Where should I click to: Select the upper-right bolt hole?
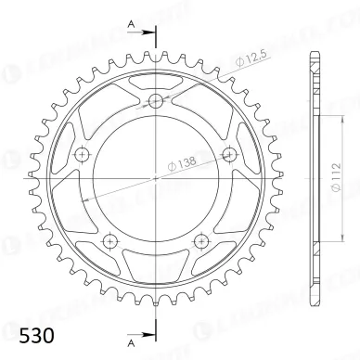click(228, 153)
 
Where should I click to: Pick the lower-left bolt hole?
click(110, 240)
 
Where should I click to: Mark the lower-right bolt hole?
click(200, 240)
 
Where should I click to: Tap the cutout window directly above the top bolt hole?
click(155, 83)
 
